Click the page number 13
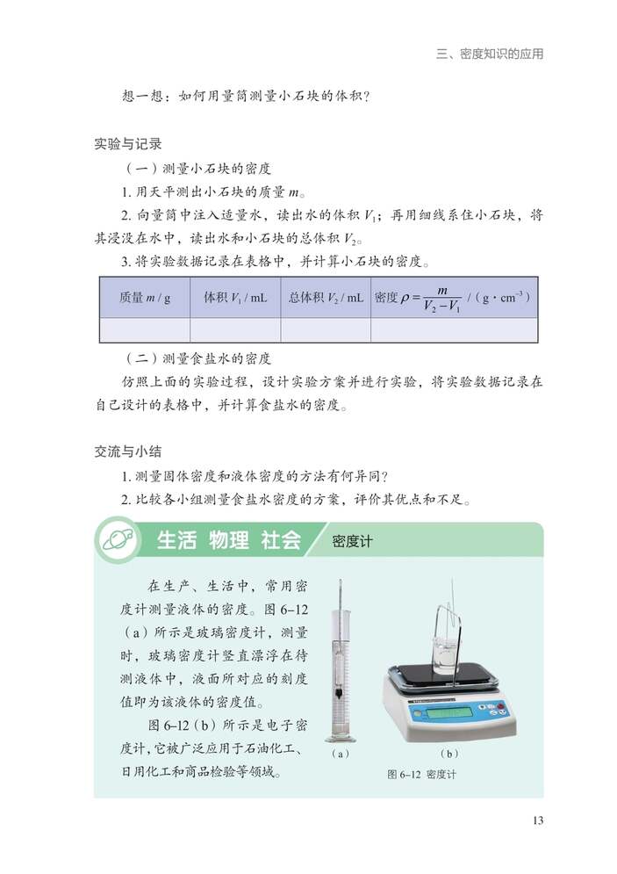coord(538,820)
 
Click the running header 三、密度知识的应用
coord(490,54)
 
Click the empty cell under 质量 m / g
coord(145,329)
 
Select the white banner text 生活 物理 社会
coord(228,540)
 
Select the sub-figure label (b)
coord(449,754)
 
